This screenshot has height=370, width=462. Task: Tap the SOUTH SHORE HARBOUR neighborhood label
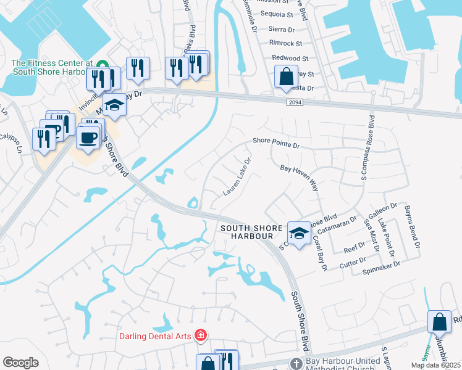[247, 232]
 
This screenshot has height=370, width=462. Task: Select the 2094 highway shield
[295, 104]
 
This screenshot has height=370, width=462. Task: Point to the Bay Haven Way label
[298, 176]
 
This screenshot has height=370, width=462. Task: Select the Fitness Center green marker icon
[103, 64]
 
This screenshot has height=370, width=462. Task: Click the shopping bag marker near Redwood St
[286, 77]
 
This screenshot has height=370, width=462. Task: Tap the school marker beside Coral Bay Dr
[300, 234]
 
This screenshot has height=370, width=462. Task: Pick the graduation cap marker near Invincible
[114, 105]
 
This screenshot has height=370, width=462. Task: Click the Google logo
[20, 363]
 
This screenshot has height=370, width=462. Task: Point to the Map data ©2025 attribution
[435, 365]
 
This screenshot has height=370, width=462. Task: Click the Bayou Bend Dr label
[413, 228]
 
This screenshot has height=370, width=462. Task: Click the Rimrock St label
[285, 43]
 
